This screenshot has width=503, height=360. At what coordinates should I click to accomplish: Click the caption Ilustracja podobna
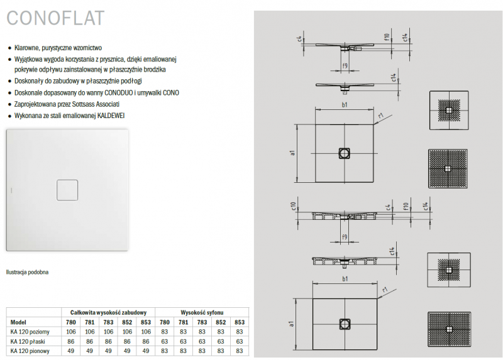tap(27, 272)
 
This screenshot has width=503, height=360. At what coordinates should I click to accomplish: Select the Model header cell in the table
tap(18, 322)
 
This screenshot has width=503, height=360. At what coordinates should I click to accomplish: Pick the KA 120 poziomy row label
tap(30, 332)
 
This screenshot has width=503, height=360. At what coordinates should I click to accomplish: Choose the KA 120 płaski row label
tap(28, 341)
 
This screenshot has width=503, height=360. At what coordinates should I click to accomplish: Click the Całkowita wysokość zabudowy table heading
tap(109, 312)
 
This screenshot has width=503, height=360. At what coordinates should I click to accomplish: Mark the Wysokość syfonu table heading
tap(201, 312)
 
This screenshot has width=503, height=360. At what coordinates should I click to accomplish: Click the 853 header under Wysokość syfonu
tap(239, 322)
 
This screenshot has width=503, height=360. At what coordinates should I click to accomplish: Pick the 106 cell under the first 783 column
tap(109, 332)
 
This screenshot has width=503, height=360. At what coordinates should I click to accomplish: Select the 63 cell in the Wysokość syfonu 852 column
tap(221, 341)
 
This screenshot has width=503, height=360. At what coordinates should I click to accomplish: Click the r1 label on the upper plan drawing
tap(381, 116)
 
